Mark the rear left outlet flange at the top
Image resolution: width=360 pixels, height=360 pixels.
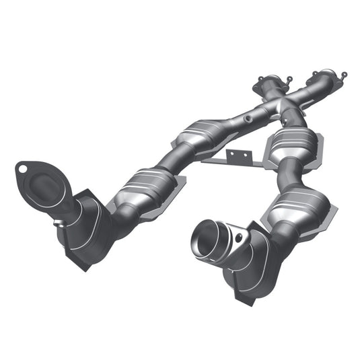[266, 83]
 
